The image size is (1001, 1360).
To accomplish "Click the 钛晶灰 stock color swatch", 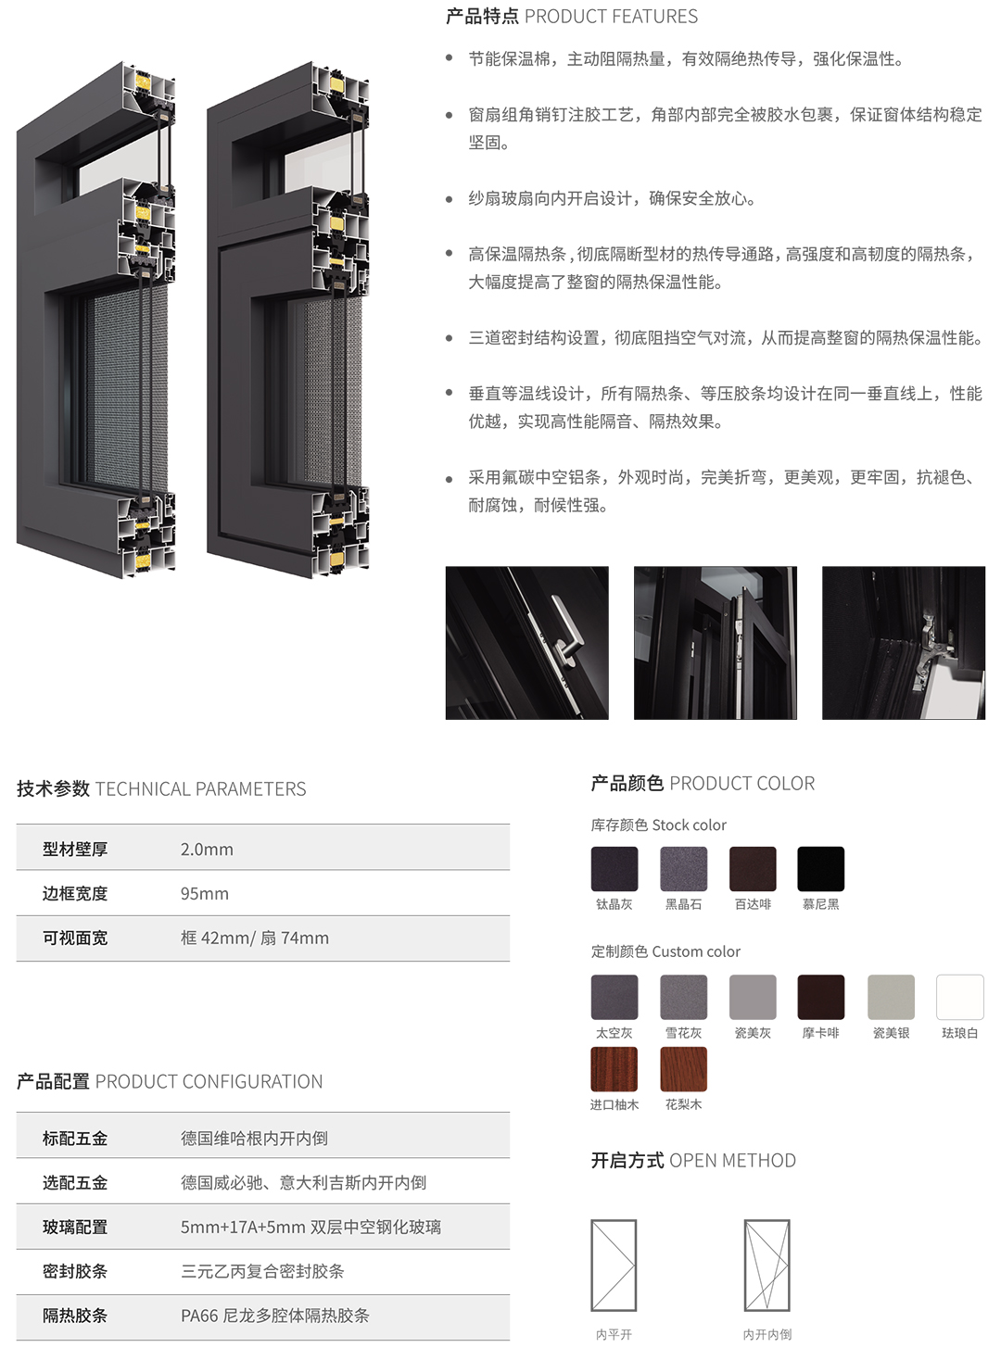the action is click(x=615, y=869).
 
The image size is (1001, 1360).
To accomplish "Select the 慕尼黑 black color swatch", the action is click(x=820, y=869).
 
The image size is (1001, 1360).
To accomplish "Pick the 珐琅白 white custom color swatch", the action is click(x=959, y=997).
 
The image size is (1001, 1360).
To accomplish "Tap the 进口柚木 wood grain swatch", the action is click(x=615, y=1069).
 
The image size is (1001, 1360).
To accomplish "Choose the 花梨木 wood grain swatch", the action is click(x=683, y=1069).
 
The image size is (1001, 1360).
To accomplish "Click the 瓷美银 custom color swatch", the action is click(x=891, y=997).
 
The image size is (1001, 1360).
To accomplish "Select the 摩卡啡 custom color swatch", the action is click(x=820, y=997).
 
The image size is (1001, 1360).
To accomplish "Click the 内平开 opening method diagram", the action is click(x=614, y=1266).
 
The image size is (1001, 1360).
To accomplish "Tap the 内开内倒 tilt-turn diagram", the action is click(x=767, y=1266).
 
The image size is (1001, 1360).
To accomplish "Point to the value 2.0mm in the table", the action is click(x=207, y=850).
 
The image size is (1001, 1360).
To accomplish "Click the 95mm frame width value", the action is click(x=205, y=894).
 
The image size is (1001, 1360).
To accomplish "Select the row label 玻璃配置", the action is click(x=75, y=1227).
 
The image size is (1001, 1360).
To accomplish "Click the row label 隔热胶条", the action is click(x=75, y=1316).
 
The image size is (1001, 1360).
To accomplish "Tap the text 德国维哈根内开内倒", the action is click(x=254, y=1139).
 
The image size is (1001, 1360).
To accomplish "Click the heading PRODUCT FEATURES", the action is click(x=611, y=17).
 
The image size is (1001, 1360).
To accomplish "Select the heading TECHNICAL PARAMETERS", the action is click(x=200, y=788).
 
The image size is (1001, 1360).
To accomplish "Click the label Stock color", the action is click(x=690, y=825).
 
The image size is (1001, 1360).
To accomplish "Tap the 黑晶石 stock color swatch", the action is click(x=683, y=869).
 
